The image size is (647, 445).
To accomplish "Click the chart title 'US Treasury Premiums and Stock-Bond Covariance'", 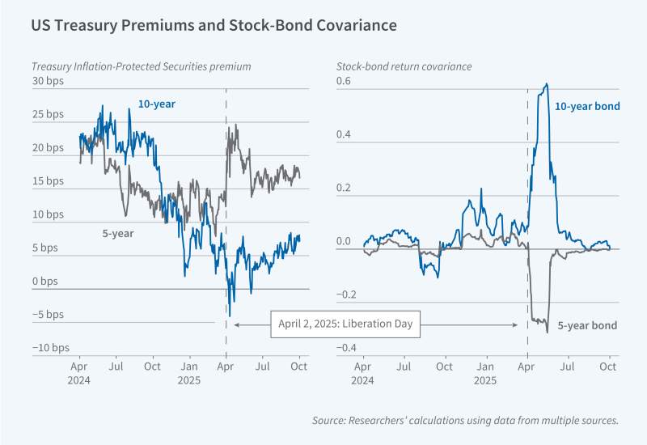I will coord(214,26).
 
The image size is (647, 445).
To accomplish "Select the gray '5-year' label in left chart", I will coord(117,233).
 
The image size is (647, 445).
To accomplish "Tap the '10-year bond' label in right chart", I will coord(586,106).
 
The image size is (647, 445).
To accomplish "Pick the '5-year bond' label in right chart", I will coord(588,326).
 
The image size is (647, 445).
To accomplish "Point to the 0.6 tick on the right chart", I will coord(344,82).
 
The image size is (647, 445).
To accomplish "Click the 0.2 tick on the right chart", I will coord(344,188).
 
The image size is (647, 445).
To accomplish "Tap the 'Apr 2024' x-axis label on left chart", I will coord(79,374).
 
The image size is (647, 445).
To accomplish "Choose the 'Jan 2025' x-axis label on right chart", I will coord(485,374).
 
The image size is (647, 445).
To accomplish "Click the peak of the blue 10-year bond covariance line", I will coord(548,84).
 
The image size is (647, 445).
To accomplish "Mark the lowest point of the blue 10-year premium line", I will coord(230,316).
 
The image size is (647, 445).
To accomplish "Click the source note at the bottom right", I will coord(465,420).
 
